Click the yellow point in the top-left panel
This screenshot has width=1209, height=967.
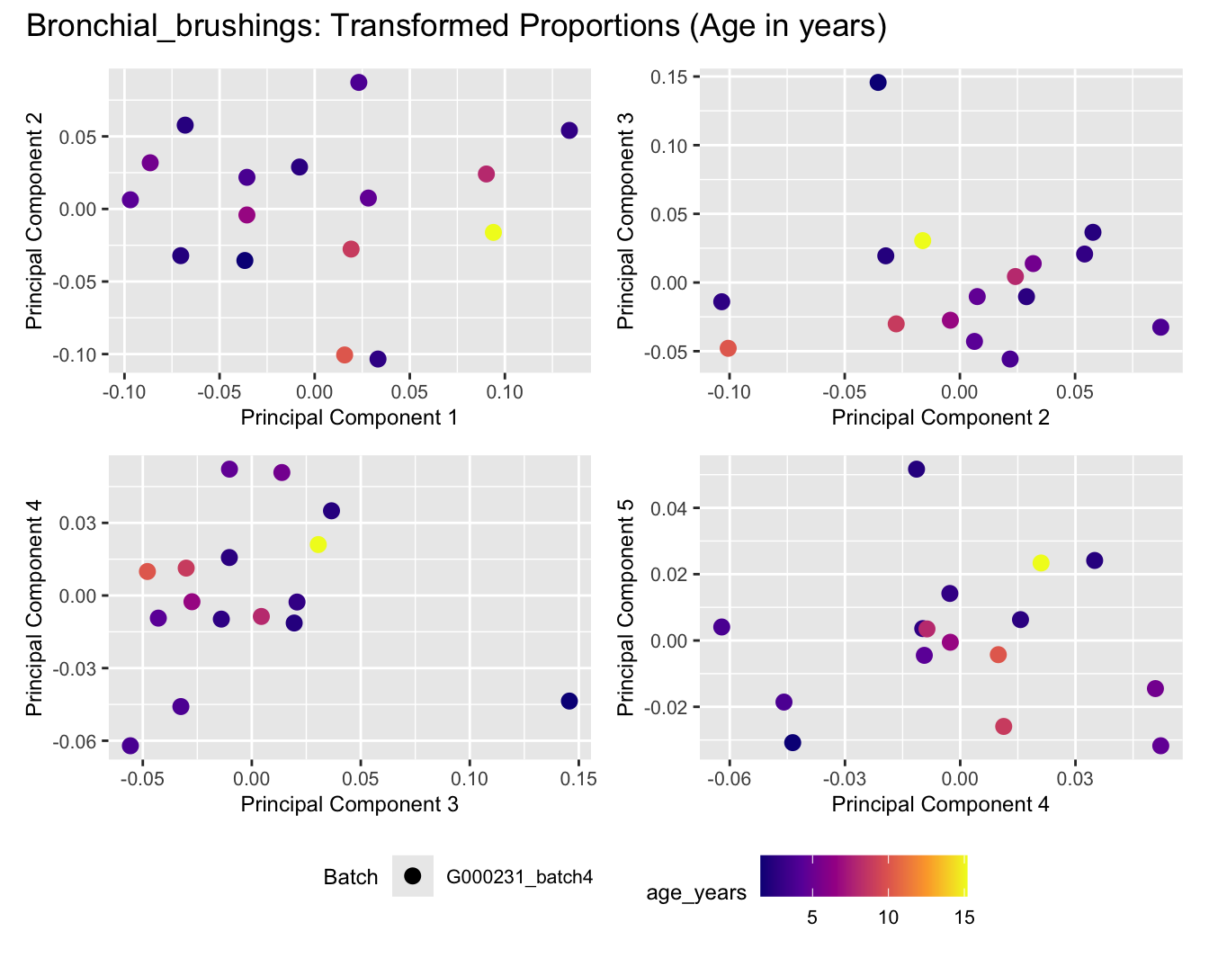493,232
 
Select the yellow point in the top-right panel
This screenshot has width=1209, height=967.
922,240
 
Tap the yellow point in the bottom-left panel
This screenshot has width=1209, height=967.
318,544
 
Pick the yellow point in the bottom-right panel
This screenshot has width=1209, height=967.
1041,563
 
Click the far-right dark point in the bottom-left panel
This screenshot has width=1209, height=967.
569,701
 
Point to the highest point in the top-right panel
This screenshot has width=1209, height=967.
878,83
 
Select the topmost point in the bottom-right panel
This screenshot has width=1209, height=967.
916,469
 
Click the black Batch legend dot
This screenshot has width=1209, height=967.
413,876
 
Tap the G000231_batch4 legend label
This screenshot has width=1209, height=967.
519,877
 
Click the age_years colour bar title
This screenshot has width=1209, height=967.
696,892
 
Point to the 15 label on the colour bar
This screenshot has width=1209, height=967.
963,918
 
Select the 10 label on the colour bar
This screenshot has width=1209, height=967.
888,918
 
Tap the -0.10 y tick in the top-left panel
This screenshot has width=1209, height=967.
78,354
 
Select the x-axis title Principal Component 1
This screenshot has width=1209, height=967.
349,417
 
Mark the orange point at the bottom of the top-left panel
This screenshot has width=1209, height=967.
345,354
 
